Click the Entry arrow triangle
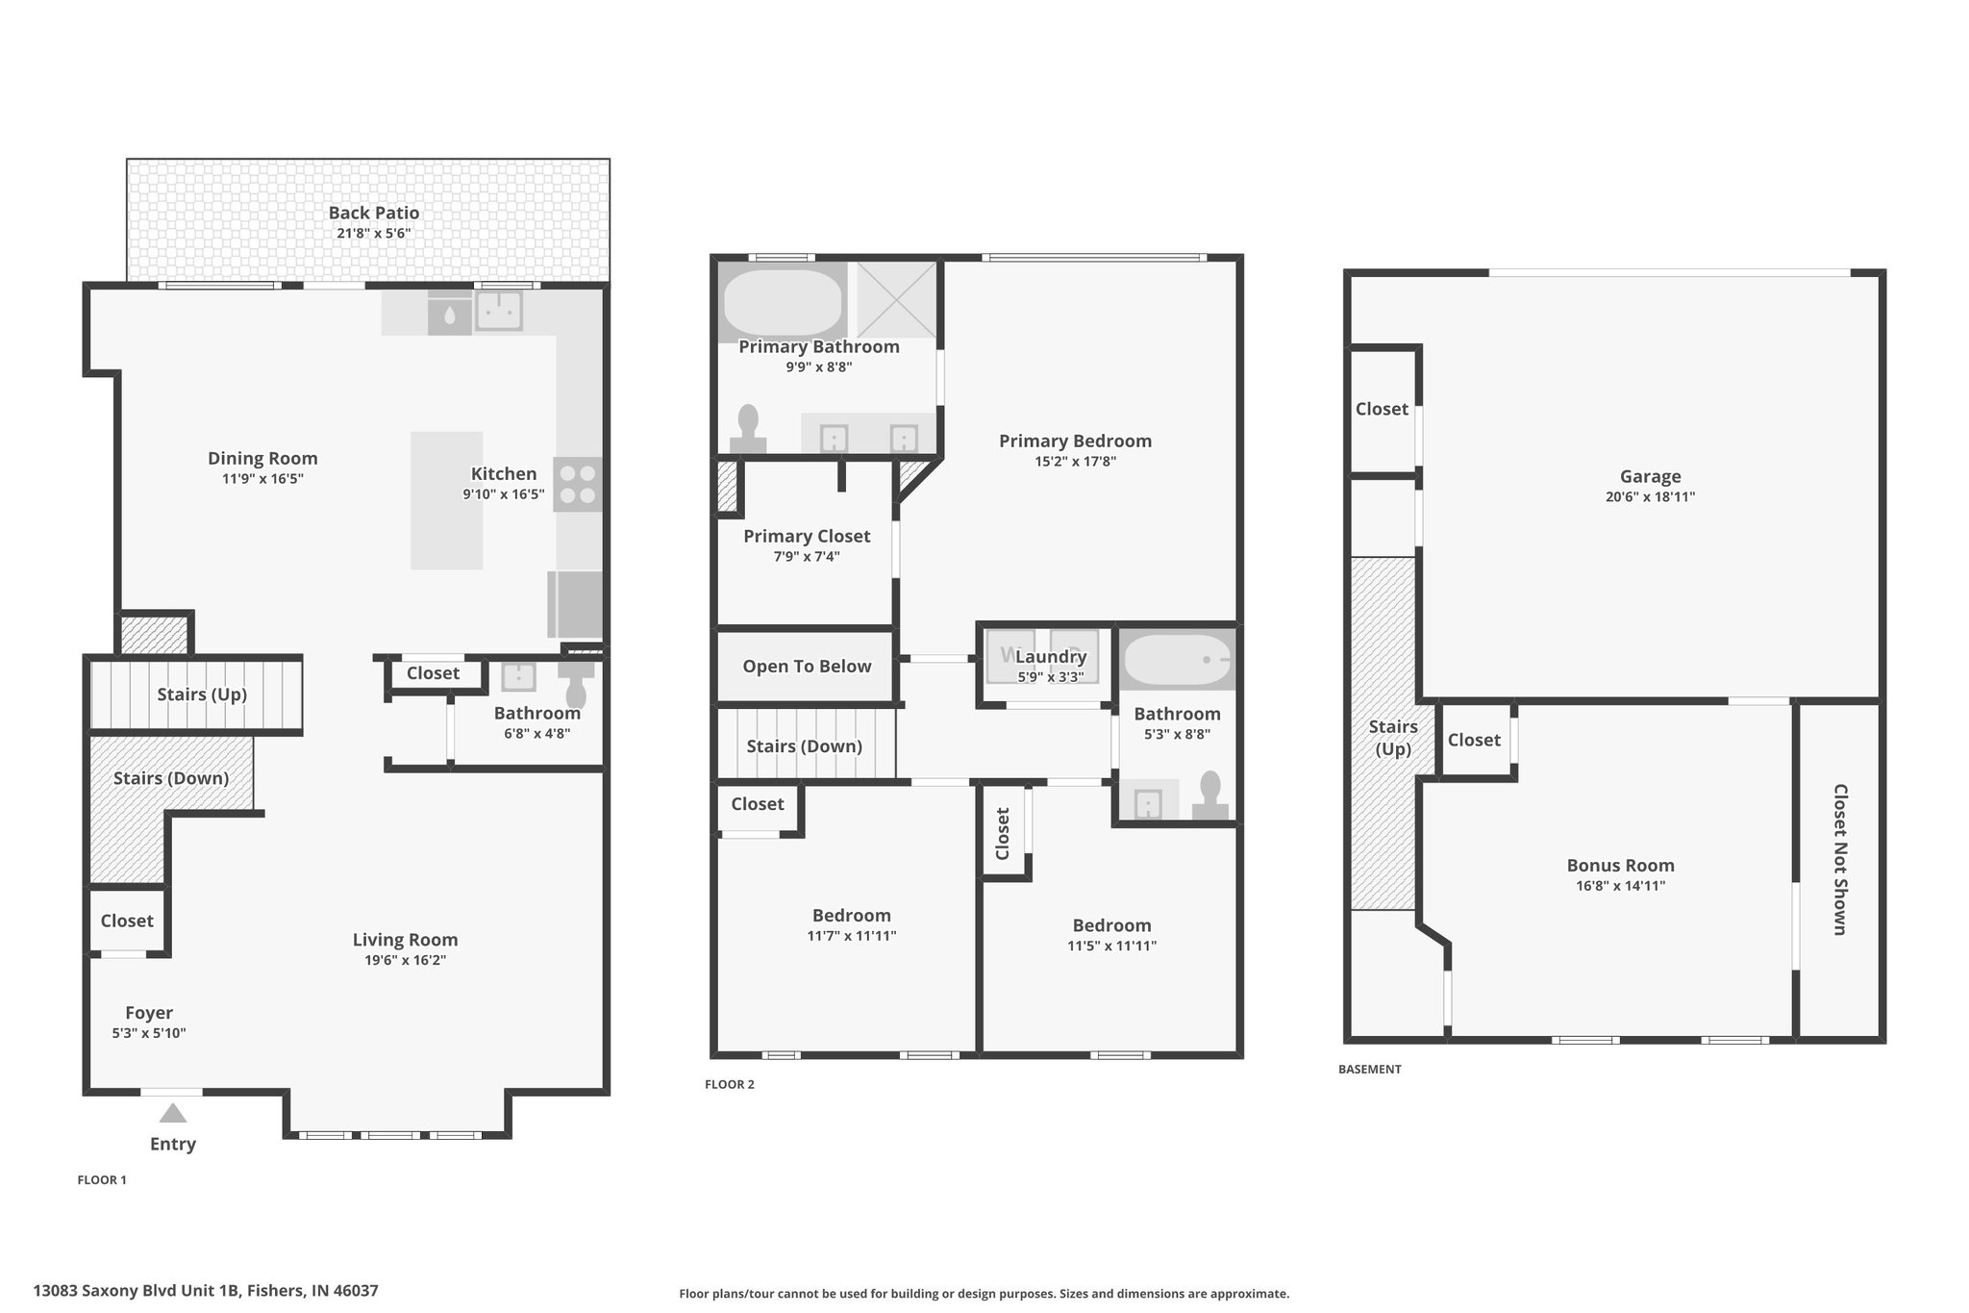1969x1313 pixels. [173, 1114]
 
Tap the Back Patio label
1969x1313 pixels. [374, 213]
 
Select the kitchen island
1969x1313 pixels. [447, 500]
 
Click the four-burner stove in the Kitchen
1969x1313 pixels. [578, 485]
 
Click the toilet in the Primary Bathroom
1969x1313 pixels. [748, 429]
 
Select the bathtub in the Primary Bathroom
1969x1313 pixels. [783, 301]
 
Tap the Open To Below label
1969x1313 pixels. [807, 666]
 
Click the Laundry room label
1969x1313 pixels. [1051, 656]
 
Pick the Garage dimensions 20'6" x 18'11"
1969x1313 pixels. [1651, 497]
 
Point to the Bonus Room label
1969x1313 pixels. [1621, 865]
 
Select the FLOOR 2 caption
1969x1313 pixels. [730, 1084]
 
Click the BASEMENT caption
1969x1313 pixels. [1370, 1069]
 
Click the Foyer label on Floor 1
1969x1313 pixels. [149, 1012]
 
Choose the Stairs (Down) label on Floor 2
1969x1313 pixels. [805, 746]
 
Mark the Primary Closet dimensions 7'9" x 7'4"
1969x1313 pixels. [807, 557]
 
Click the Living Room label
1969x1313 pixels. [405, 940]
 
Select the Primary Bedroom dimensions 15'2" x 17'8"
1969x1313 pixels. [1075, 462]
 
